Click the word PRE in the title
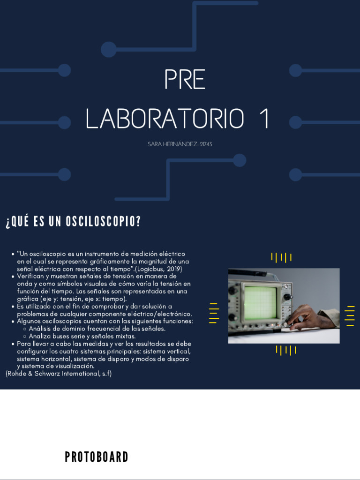tap(185, 80)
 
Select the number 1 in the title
tap(265, 119)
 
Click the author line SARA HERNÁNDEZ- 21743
tap(180, 144)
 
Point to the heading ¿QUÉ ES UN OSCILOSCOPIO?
tap(73, 222)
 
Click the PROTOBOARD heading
tap(97, 457)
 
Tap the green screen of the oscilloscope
tap(260, 303)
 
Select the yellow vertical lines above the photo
tap(281, 257)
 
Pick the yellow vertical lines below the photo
tap(286, 350)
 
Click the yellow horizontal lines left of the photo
tap(214, 313)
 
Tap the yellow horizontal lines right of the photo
tap(350, 315)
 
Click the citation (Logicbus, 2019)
tap(158, 269)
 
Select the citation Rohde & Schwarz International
tap(59, 374)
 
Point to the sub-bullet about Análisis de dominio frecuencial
tap(97, 329)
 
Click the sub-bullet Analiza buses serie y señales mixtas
tap(82, 336)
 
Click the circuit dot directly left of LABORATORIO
tap(65, 123)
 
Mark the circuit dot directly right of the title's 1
tap(295, 123)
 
